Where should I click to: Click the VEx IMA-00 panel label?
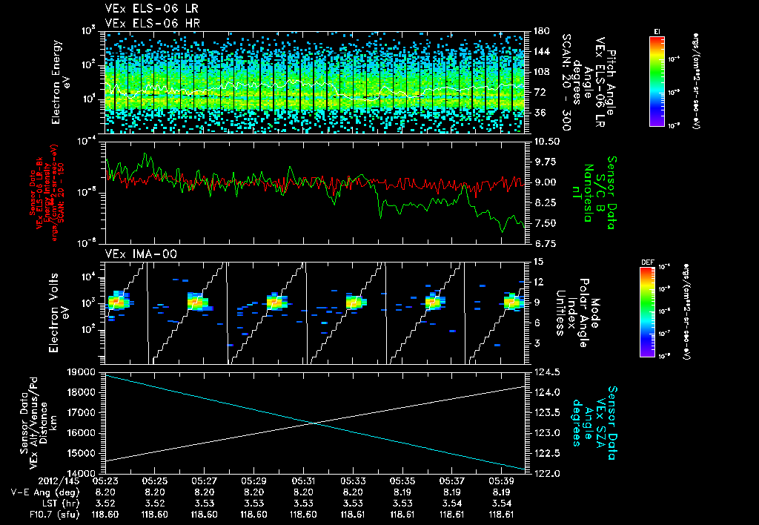click(x=130, y=254)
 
